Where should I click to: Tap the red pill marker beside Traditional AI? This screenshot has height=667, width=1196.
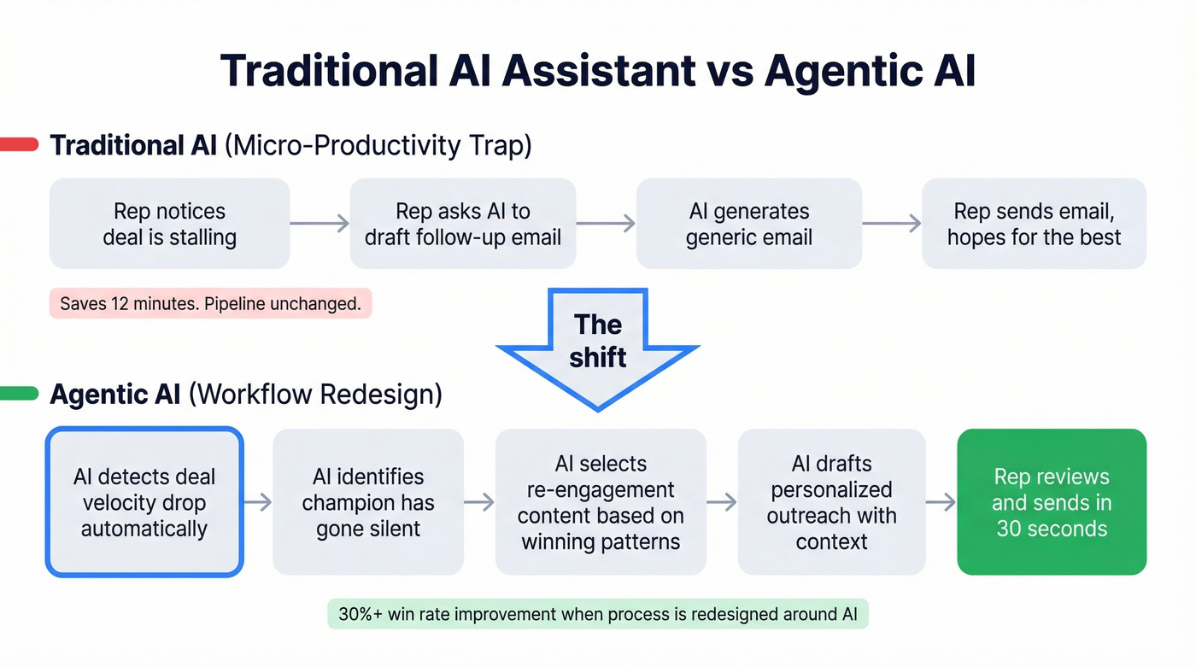[19, 144]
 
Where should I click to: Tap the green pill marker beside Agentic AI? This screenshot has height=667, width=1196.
[19, 394]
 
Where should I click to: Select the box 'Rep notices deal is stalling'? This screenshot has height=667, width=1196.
[169, 224]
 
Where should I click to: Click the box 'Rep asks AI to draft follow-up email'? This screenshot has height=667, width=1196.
[462, 224]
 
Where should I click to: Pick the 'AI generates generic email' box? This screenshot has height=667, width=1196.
[748, 224]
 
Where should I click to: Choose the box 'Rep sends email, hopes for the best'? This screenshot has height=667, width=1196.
[1034, 224]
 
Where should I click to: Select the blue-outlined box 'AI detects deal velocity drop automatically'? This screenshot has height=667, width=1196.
[144, 502]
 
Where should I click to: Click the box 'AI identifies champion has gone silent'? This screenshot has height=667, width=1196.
[368, 502]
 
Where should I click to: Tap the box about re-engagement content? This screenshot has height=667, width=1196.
[601, 502]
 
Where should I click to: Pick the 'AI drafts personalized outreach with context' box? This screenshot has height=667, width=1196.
[831, 502]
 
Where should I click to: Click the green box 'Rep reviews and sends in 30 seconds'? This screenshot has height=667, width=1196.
[1051, 502]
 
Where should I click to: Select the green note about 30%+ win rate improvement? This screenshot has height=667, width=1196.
[597, 613]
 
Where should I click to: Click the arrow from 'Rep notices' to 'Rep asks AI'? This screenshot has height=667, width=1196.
[320, 224]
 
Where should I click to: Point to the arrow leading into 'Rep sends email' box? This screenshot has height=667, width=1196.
[892, 224]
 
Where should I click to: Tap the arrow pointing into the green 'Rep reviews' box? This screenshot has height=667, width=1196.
[941, 502]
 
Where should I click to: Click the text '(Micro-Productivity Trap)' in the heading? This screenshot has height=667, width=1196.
[378, 145]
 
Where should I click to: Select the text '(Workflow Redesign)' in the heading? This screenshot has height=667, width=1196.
[315, 395]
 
